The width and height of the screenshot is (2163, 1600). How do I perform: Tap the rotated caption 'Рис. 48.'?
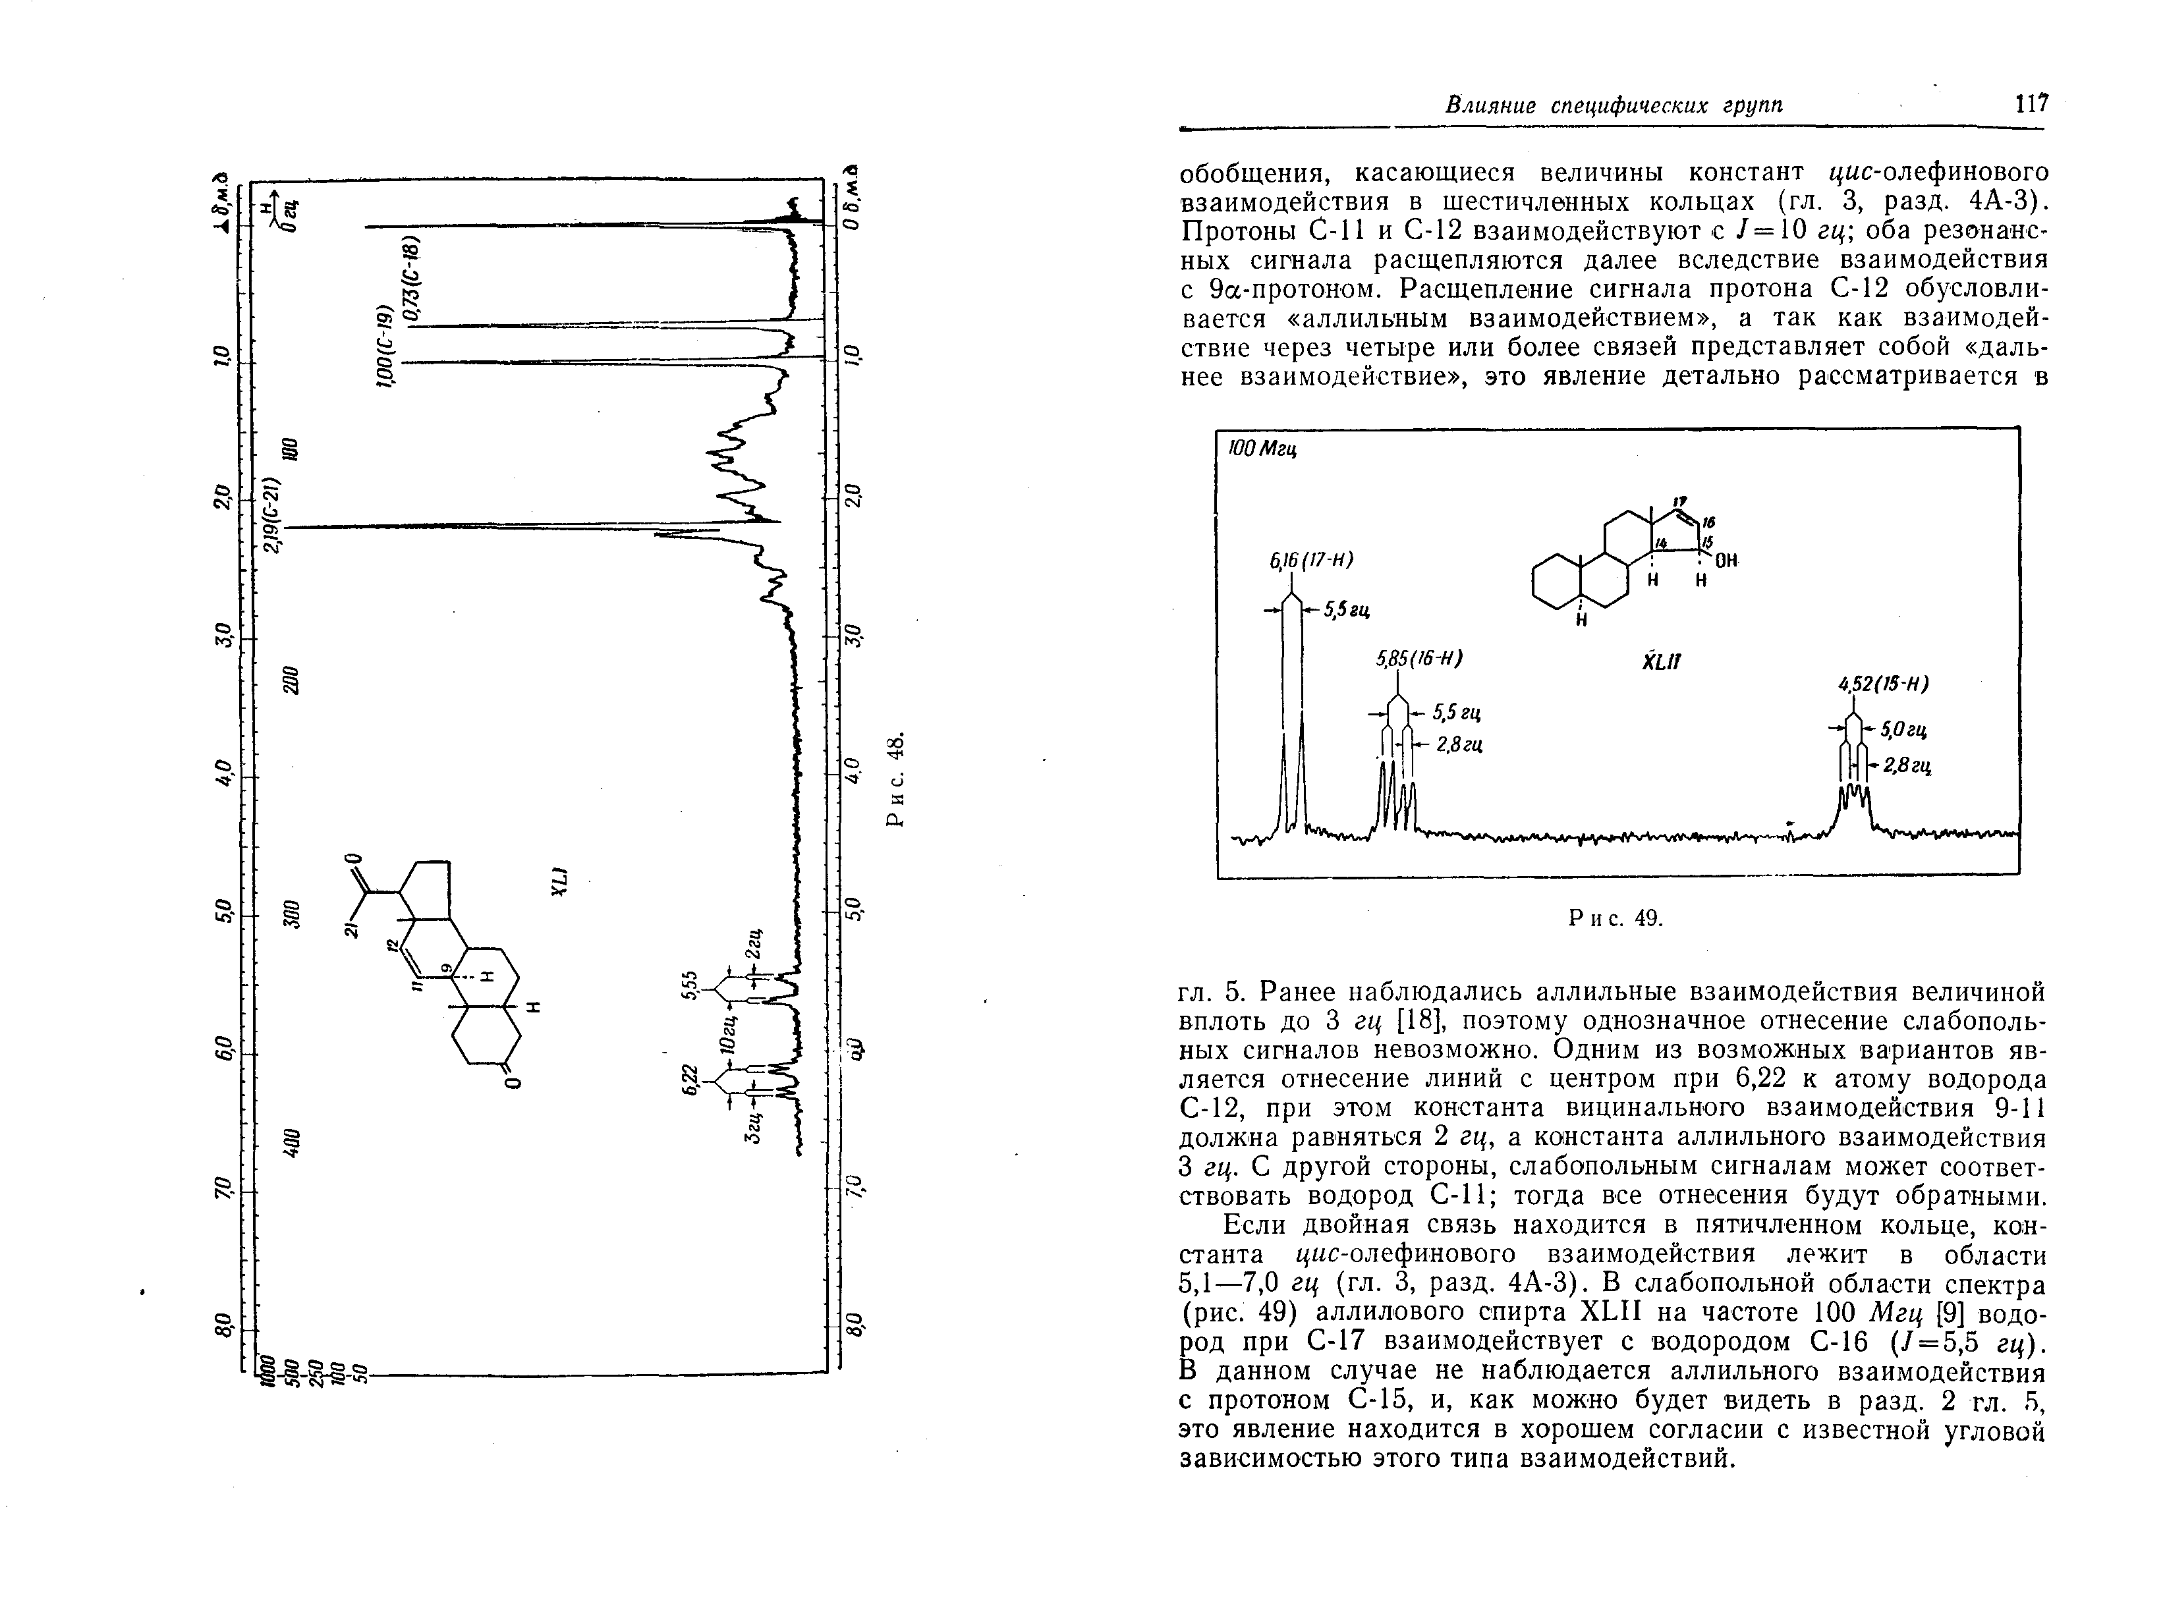[x=897, y=780]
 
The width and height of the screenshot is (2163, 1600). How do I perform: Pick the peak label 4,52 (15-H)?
[x=1883, y=684]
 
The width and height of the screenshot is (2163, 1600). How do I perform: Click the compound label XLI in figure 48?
[x=559, y=881]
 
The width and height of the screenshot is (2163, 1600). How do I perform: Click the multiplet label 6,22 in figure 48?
[x=688, y=1080]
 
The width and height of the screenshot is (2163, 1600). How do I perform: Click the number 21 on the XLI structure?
[x=351, y=930]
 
